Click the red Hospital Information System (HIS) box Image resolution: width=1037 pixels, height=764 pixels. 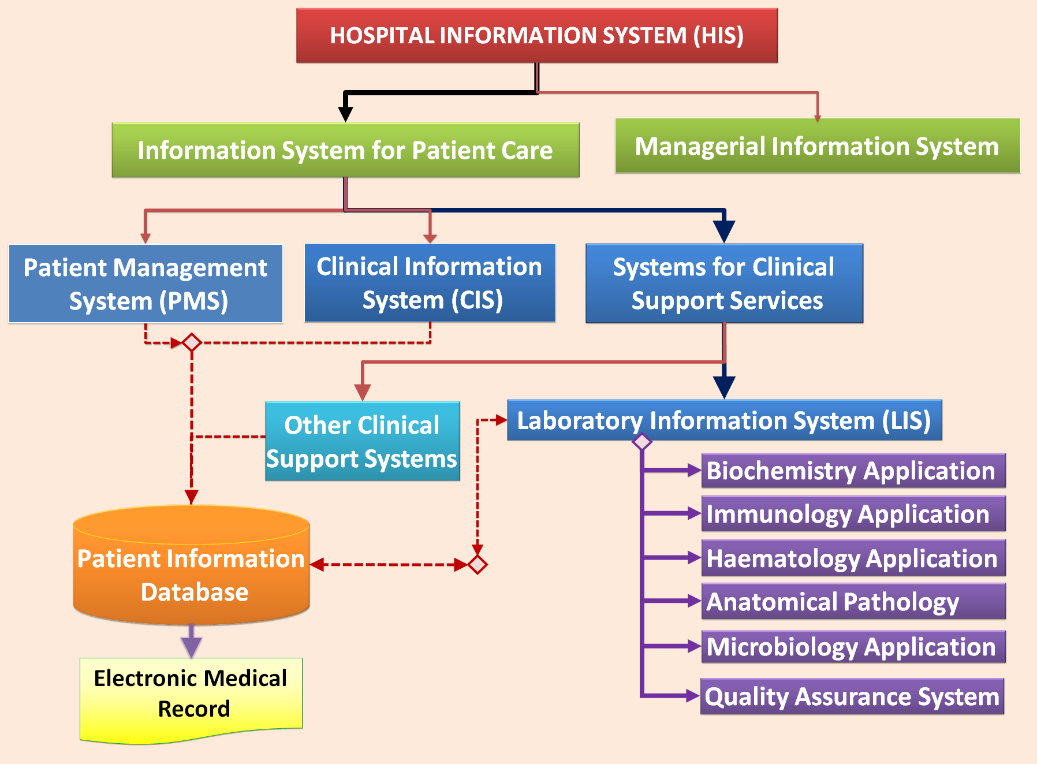tap(536, 36)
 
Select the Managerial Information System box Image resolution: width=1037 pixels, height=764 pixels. tap(817, 146)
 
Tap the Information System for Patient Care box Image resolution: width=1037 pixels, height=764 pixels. tap(345, 150)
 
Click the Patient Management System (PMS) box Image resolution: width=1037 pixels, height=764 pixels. tap(146, 284)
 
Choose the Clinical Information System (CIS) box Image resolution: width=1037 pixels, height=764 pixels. tap(430, 283)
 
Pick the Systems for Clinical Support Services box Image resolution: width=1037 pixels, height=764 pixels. tap(724, 284)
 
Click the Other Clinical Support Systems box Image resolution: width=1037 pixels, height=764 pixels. tap(362, 442)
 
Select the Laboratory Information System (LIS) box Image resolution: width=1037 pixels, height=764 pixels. tap(724, 420)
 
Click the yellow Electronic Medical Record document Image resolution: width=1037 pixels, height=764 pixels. tap(191, 696)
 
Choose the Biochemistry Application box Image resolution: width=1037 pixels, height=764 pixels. tap(853, 471)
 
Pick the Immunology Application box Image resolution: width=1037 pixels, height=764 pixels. tap(853, 514)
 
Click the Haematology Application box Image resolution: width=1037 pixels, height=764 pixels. tap(853, 558)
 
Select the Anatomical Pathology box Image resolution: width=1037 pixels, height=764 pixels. tap(853, 602)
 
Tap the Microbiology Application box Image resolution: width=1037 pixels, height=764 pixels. tap(853, 646)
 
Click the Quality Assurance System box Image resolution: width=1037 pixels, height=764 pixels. tap(852, 696)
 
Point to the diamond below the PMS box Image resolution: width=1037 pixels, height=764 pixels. tap(192, 342)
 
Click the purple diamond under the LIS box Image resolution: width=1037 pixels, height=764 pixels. tap(642, 442)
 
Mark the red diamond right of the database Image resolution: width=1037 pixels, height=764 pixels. tap(478, 564)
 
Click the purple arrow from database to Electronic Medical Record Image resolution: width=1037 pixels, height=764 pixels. tap(191, 641)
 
